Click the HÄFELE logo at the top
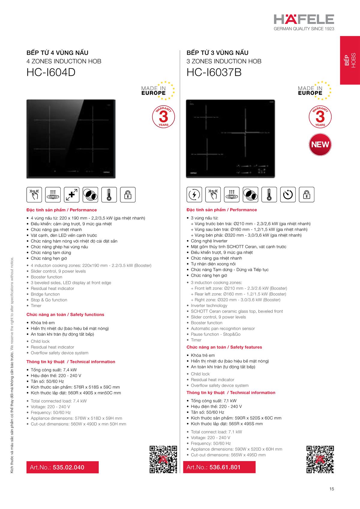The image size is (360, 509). coord(304,19)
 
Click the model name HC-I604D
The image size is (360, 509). coord(51,73)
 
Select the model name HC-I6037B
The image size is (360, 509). coord(214,73)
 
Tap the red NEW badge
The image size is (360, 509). coord(320,145)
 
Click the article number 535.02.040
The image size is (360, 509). coord(68,467)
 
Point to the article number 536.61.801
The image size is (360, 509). coord(225,467)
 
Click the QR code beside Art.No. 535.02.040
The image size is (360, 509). coord(163,460)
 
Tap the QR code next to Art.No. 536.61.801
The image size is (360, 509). coord(320,460)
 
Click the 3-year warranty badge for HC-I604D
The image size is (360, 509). coord(163,116)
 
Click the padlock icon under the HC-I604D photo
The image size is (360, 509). coord(128,195)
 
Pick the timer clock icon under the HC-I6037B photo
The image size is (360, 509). coord(288,195)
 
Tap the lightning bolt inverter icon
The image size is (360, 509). coord(194,195)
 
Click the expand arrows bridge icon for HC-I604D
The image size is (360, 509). coord(72,195)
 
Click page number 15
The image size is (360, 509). coord(331,489)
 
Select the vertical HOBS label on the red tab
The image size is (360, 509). coord(353,61)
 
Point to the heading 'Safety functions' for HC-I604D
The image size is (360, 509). coord(87,314)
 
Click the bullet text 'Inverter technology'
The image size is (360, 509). coord(209,305)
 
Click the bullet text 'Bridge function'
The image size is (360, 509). coord(45,294)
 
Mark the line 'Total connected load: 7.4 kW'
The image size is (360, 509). coord(58,401)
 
